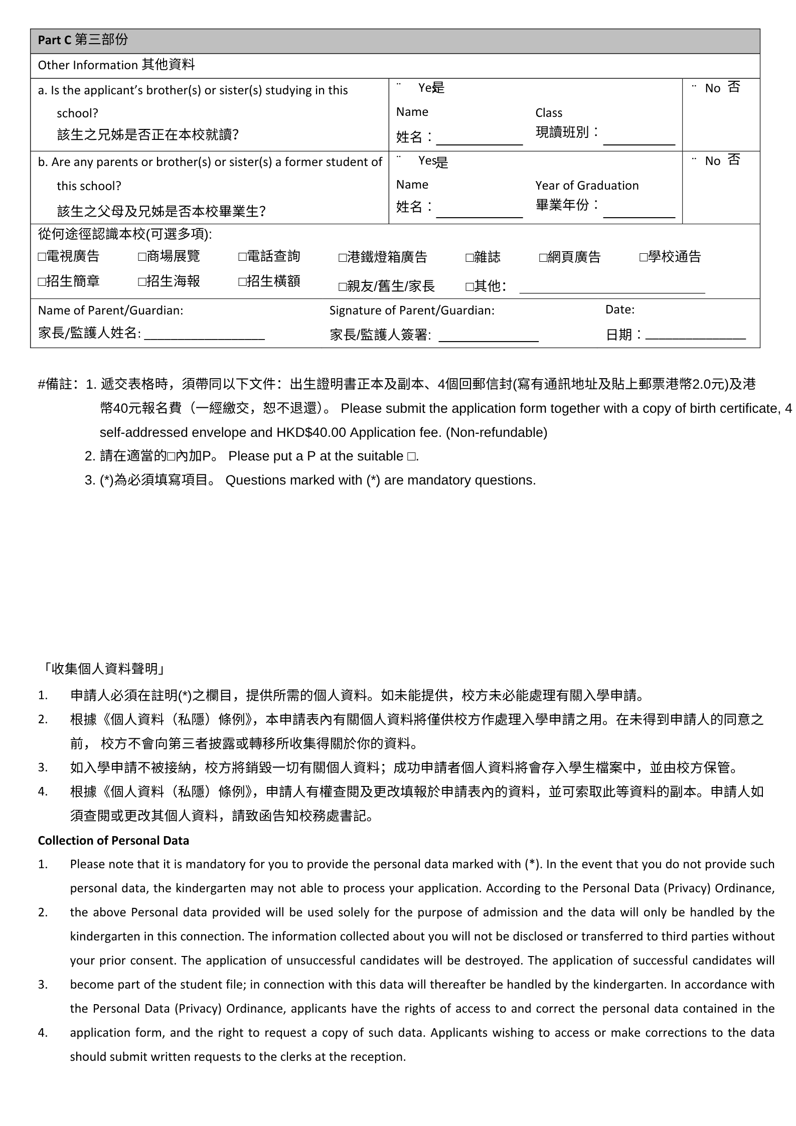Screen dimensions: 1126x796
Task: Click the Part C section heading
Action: click(83, 40)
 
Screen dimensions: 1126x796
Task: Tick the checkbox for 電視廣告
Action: click(42, 257)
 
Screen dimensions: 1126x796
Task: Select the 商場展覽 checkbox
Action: click(142, 257)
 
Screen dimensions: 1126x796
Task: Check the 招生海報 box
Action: click(142, 282)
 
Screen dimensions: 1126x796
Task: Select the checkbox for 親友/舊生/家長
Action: click(342, 287)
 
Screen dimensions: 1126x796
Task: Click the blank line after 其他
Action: click(611, 288)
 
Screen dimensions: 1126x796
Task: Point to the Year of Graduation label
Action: click(587, 186)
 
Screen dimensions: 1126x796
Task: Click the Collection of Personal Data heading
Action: click(113, 840)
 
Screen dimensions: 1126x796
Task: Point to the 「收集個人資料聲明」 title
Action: click(104, 669)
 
